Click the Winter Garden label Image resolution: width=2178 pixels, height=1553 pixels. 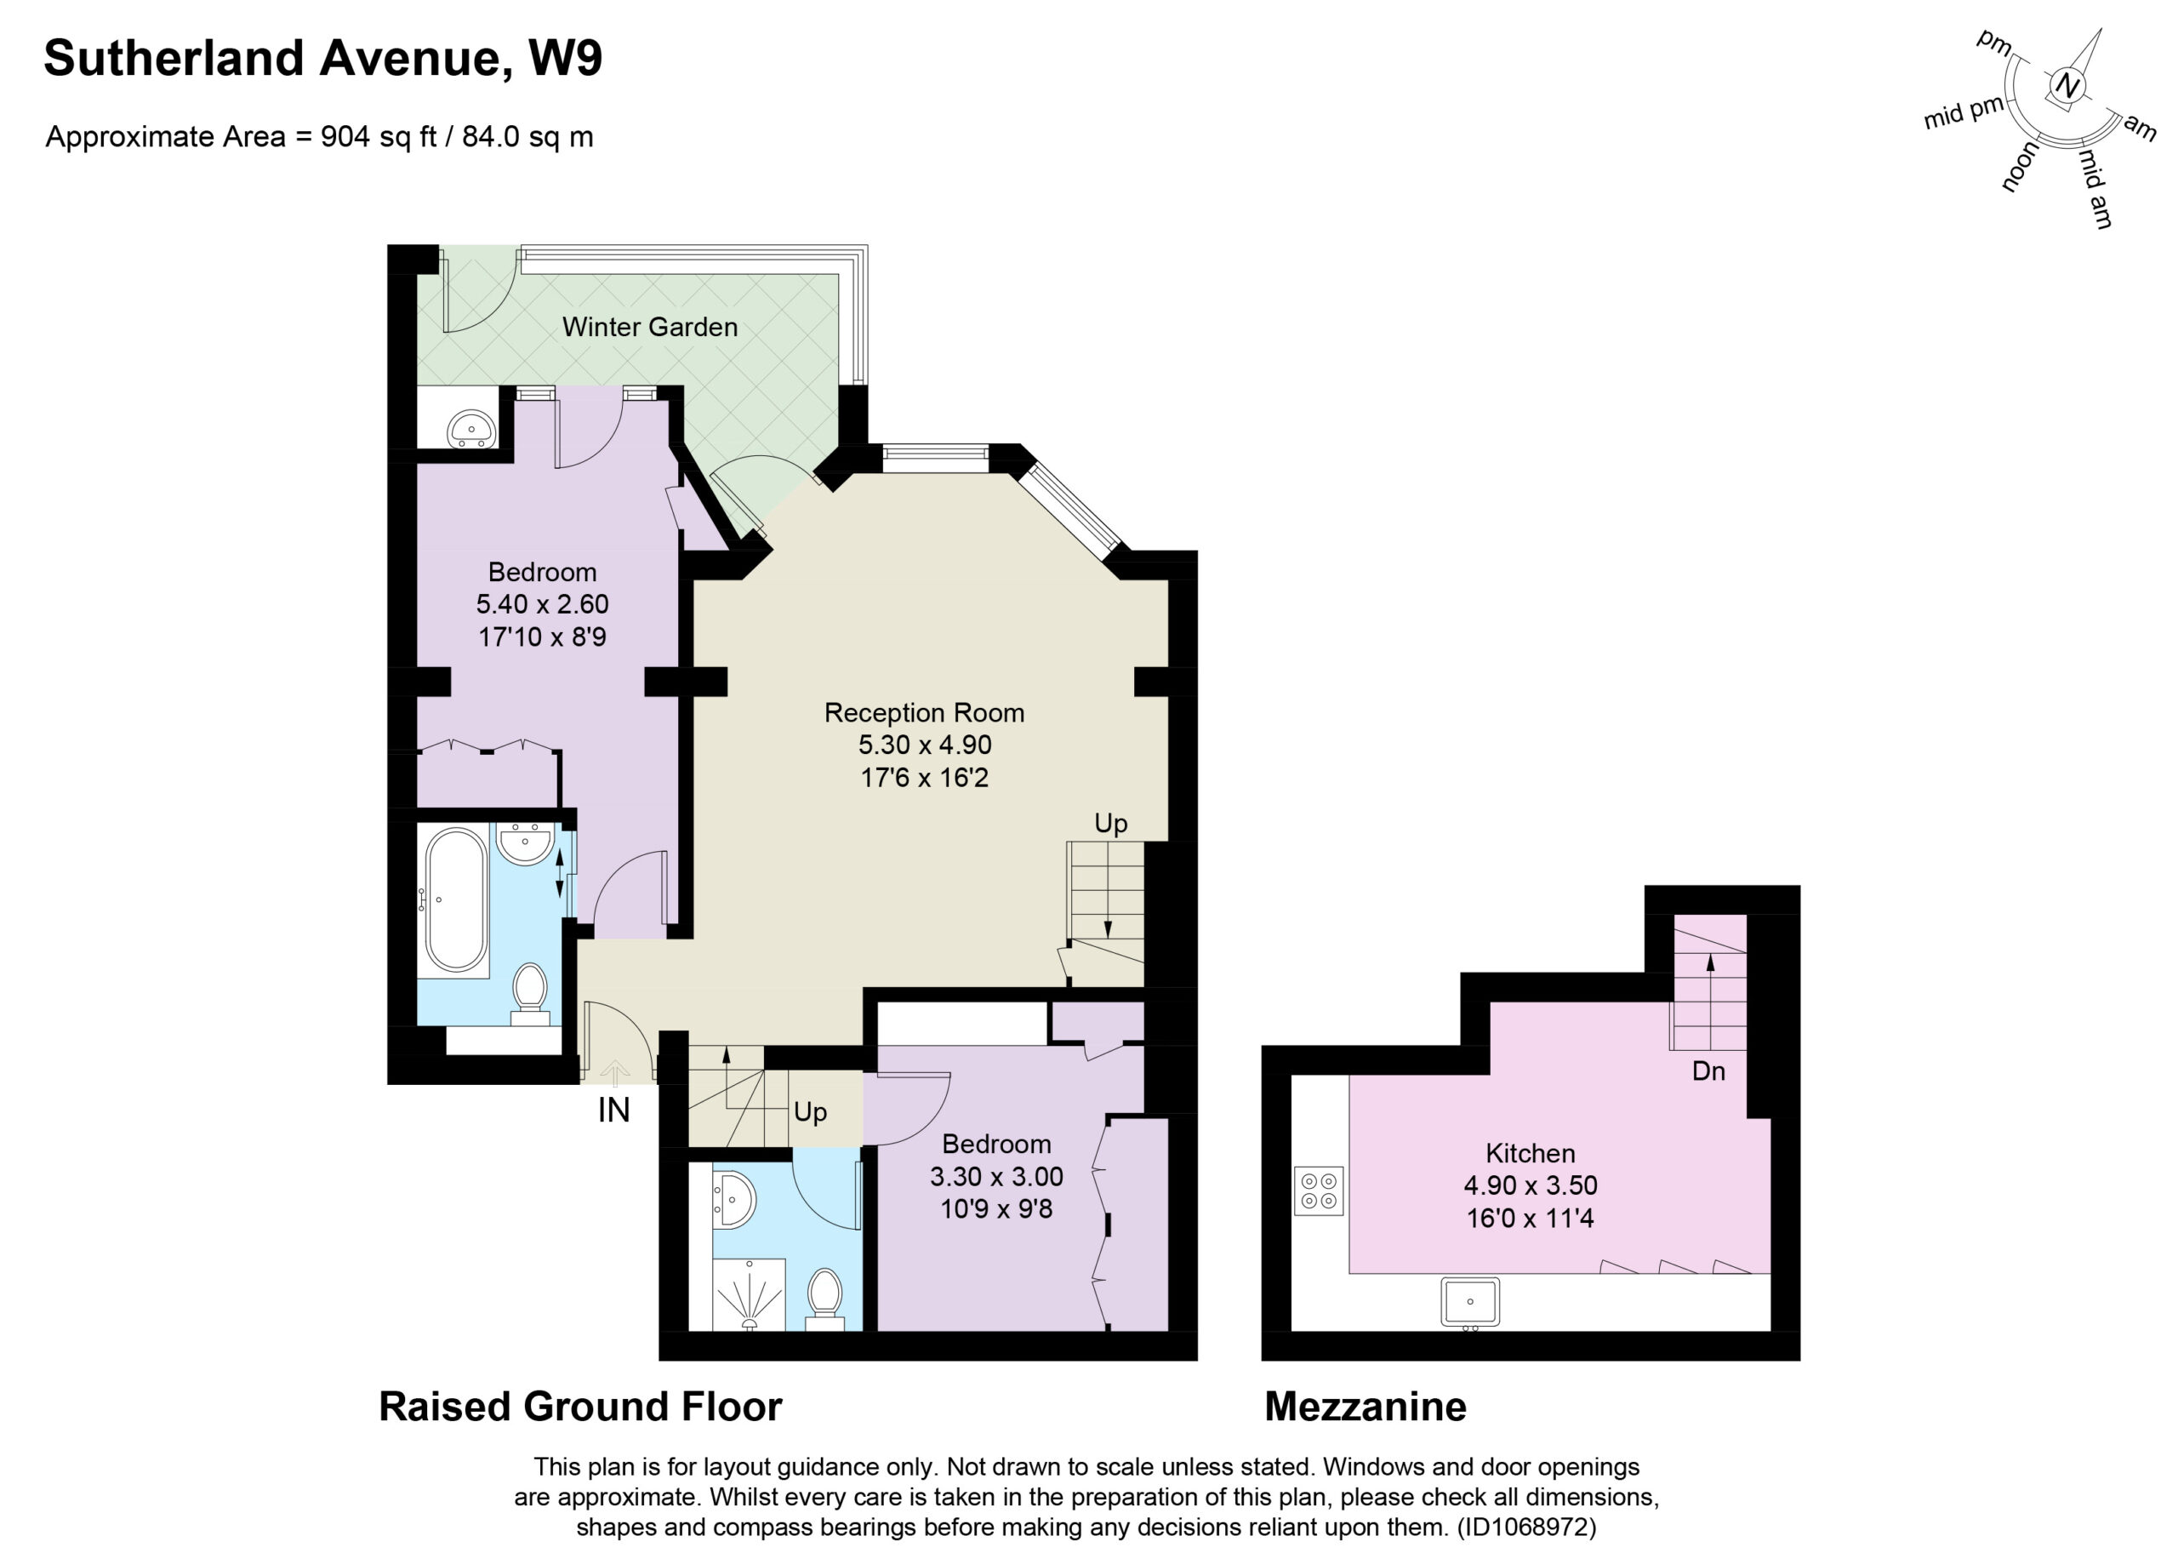(649, 327)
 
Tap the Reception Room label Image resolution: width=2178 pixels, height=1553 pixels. (924, 712)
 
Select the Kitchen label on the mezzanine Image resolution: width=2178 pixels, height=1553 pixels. (1530, 1152)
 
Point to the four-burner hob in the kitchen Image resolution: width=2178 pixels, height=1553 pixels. (1319, 1190)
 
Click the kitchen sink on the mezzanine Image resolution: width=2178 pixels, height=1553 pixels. (1469, 1303)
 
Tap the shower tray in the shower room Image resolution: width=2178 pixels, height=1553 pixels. (749, 1293)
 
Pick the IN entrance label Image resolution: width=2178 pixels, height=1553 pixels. (613, 1111)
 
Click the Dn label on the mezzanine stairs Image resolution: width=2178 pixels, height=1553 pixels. (1708, 1071)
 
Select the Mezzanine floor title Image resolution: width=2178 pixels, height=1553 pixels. (1366, 1407)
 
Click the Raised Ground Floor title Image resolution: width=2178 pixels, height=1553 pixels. (580, 1407)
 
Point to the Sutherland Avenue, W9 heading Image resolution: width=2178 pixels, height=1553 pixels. (323, 60)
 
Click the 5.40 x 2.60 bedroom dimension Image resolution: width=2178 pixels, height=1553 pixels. (542, 604)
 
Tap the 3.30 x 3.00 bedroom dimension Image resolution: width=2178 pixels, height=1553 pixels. (996, 1176)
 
